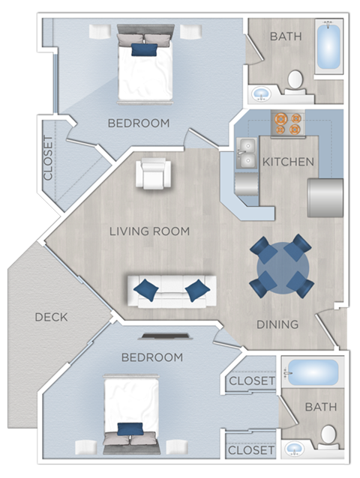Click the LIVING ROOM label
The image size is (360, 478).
click(x=149, y=231)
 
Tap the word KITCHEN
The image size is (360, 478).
click(x=288, y=162)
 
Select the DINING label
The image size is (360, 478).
click(x=277, y=324)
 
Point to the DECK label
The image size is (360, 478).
click(x=51, y=317)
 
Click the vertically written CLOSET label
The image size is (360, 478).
click(x=49, y=158)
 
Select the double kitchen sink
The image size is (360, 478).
click(x=247, y=154)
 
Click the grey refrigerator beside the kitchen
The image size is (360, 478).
click(x=325, y=197)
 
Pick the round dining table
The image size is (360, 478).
click(x=281, y=265)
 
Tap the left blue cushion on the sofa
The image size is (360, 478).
click(x=146, y=289)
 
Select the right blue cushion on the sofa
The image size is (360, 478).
click(x=196, y=289)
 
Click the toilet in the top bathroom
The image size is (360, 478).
click(x=295, y=81)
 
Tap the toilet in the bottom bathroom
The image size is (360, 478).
click(x=328, y=434)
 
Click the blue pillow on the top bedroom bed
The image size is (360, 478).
click(x=145, y=49)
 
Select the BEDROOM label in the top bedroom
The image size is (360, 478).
click(x=138, y=122)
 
